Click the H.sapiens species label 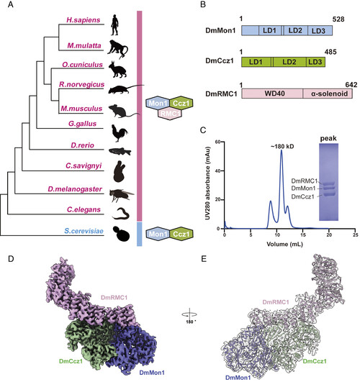point(84,19)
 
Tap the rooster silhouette point(120,133)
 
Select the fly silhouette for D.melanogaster point(121,195)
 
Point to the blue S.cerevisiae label point(84,231)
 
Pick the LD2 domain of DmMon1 point(295,31)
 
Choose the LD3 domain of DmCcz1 point(315,62)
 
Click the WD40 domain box point(272,94)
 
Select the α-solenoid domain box point(328,94)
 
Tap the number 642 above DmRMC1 point(351,85)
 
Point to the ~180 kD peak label point(282,147)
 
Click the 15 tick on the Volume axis point(302,235)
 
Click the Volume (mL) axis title point(284,244)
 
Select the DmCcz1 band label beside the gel point(303,197)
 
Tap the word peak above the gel point(328,138)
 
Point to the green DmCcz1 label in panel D point(71,361)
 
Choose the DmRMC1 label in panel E point(276,302)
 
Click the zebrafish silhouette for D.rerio point(120,152)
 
